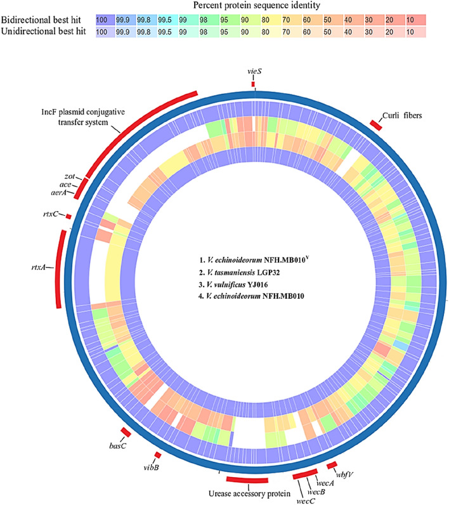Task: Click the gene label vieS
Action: click(254, 71)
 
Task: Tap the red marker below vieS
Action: click(253, 84)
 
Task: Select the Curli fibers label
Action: click(402, 115)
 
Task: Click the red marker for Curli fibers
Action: click(376, 125)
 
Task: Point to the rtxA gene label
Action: click(38, 267)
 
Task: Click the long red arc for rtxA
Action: click(58, 268)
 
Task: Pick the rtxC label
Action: click(51, 214)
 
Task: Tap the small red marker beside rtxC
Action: click(68, 217)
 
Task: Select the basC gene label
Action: click(118, 446)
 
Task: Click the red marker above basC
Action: click(126, 432)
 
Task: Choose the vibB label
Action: click(152, 467)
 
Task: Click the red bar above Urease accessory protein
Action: click(247, 480)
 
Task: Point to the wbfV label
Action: click(345, 475)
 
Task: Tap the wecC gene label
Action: click(306, 501)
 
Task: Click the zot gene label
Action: click(70, 176)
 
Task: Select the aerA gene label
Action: click(59, 193)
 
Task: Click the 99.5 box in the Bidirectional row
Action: click(167, 20)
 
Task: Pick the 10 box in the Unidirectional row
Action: click(416, 32)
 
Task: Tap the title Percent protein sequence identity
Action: click(256, 5)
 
